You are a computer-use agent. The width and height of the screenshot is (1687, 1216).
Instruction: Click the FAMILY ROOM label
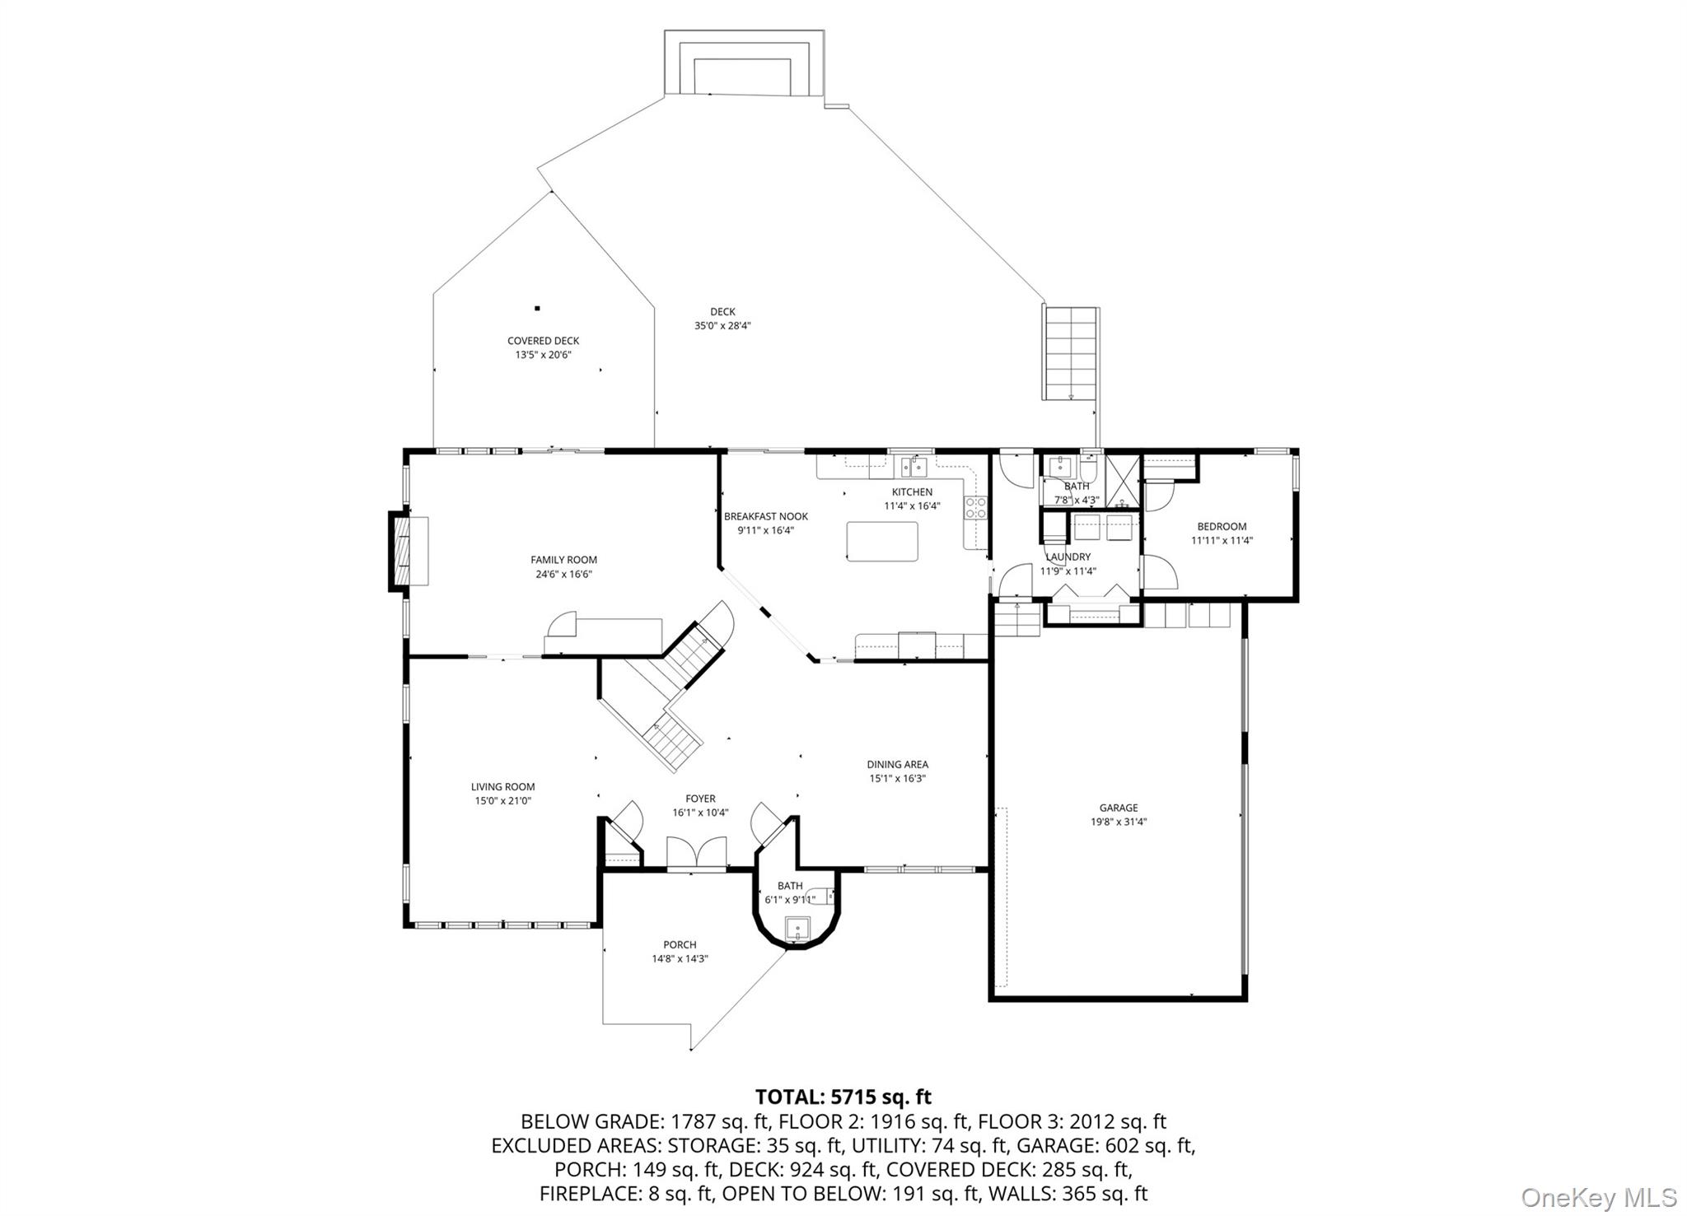[563, 560]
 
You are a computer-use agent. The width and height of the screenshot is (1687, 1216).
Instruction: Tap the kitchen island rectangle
[881, 542]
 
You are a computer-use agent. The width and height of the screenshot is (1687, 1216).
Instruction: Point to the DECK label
[722, 311]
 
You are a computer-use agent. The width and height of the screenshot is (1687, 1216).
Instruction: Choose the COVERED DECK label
[543, 340]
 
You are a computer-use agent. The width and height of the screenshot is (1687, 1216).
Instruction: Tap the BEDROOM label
[1221, 526]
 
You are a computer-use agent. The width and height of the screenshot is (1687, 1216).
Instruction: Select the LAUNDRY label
[1068, 557]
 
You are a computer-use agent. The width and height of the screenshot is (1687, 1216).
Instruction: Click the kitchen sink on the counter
[914, 468]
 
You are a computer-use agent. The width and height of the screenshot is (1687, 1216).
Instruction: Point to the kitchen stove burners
[976, 507]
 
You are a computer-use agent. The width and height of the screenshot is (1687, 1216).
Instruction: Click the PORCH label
[680, 944]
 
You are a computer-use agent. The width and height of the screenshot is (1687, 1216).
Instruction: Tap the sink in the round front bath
[797, 928]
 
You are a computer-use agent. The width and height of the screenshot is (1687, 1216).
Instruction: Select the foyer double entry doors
[696, 855]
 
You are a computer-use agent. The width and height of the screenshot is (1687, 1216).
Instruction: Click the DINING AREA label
[897, 764]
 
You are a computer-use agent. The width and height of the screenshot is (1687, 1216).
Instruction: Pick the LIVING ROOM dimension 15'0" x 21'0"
[502, 800]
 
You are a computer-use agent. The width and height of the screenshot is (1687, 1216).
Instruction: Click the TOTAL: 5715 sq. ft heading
[843, 1097]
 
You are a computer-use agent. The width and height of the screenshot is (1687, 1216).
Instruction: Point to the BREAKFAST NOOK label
[765, 516]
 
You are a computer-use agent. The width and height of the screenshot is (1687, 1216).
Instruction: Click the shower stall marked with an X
[1122, 479]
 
